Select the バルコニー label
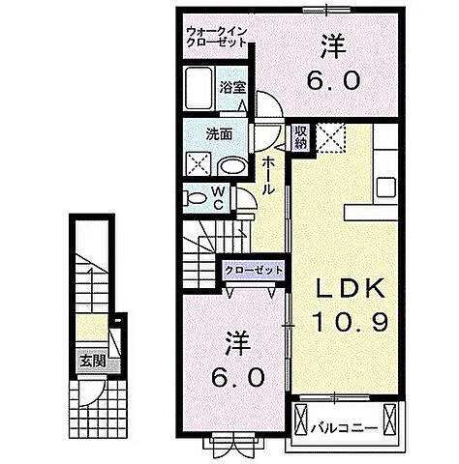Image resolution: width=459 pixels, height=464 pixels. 345,421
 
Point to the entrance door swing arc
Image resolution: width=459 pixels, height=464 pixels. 93,391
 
